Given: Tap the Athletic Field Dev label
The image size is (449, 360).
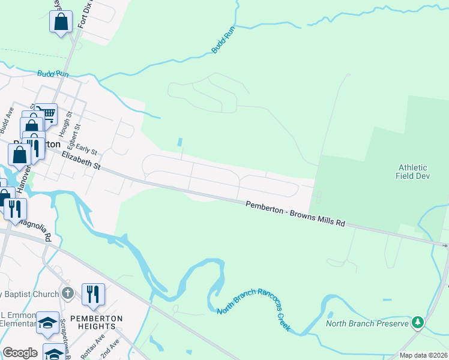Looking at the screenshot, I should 411,172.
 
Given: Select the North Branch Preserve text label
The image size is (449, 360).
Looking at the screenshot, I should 367,323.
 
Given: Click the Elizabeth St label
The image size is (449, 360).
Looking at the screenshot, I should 80,161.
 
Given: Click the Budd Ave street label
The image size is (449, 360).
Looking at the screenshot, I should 6,121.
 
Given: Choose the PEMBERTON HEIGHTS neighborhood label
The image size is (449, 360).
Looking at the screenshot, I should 96,322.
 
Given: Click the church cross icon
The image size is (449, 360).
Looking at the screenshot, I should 68,293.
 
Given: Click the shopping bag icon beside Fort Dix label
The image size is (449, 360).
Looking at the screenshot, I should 61,22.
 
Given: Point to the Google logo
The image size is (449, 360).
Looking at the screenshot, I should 20,352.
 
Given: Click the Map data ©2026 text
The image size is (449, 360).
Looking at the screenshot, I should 423,355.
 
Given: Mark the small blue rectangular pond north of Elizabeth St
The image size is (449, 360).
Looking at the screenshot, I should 180,143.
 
